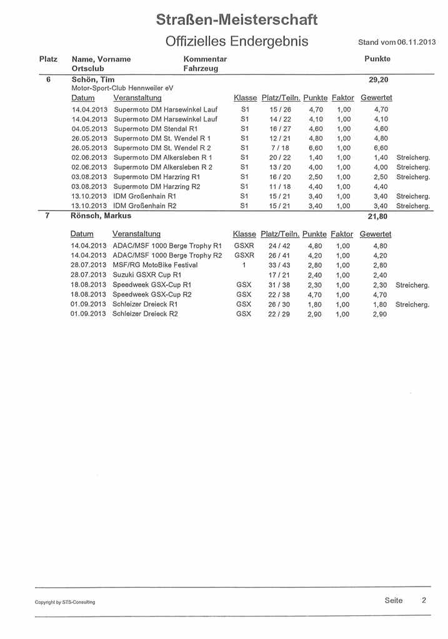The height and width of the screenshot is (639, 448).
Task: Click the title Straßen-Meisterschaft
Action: click(237, 20)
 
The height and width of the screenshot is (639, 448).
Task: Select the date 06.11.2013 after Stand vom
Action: click(417, 42)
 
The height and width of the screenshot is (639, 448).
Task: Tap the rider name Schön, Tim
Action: click(93, 80)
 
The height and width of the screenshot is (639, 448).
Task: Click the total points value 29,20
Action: click(379, 80)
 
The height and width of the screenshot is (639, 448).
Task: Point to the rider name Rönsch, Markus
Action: click(101, 215)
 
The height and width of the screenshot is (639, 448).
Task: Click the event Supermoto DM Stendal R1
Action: click(156, 129)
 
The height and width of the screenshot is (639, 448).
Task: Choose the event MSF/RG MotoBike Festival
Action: click(155, 265)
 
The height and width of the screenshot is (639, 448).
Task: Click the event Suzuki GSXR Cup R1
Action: click(147, 275)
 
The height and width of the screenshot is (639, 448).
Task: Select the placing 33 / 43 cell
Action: click(279, 265)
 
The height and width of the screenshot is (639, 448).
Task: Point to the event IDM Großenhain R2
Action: click(145, 206)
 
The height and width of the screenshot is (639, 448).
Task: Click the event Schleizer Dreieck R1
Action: click(145, 305)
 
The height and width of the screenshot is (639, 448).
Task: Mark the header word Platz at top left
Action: click(48, 59)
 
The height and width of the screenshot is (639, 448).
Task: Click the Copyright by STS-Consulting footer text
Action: click(65, 602)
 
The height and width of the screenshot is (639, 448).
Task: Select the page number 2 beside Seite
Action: click(424, 600)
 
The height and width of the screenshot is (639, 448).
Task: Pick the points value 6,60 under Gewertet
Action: click(381, 148)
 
